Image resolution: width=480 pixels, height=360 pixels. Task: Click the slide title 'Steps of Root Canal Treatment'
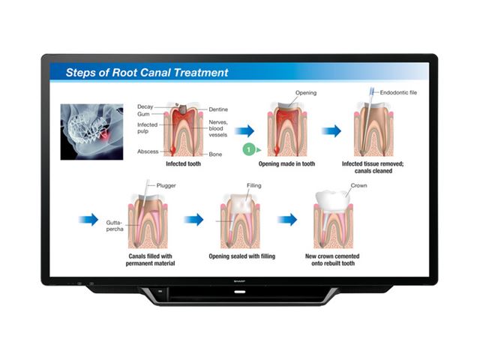[x=147, y=73]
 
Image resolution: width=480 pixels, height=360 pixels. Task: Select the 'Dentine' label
[x=219, y=109]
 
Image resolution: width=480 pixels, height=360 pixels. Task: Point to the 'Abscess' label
[x=148, y=151]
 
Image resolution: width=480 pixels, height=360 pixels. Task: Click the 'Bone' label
[x=215, y=154]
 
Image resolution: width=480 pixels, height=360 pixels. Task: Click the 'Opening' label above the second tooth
[x=306, y=94]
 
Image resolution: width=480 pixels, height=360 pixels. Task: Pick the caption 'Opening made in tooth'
[x=286, y=164]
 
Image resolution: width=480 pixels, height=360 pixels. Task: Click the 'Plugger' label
[x=166, y=184]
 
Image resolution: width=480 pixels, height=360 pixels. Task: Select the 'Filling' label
[x=253, y=184]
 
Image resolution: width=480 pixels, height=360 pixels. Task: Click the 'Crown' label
[x=359, y=184]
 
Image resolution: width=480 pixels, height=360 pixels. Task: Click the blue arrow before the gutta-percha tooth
[x=88, y=220]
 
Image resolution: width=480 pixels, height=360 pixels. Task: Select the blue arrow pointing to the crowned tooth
[x=287, y=220]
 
